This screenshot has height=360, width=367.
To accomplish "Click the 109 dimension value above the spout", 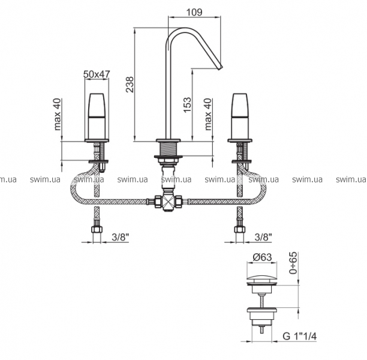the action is point(194,12).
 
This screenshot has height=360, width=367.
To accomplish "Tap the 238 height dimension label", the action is point(130,85).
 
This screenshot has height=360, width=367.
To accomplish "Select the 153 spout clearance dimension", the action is point(187,104).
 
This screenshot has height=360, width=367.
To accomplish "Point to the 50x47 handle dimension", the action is point(97,74).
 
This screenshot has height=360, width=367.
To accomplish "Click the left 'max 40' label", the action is point(57,115).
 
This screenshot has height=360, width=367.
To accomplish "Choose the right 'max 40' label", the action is point(208,115).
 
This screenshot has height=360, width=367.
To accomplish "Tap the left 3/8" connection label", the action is point(121,237).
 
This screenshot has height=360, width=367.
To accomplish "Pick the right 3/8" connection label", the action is point(263,237).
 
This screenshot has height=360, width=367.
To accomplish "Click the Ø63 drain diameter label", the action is point(263,257).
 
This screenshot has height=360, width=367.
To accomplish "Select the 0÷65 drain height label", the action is point(293,263).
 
